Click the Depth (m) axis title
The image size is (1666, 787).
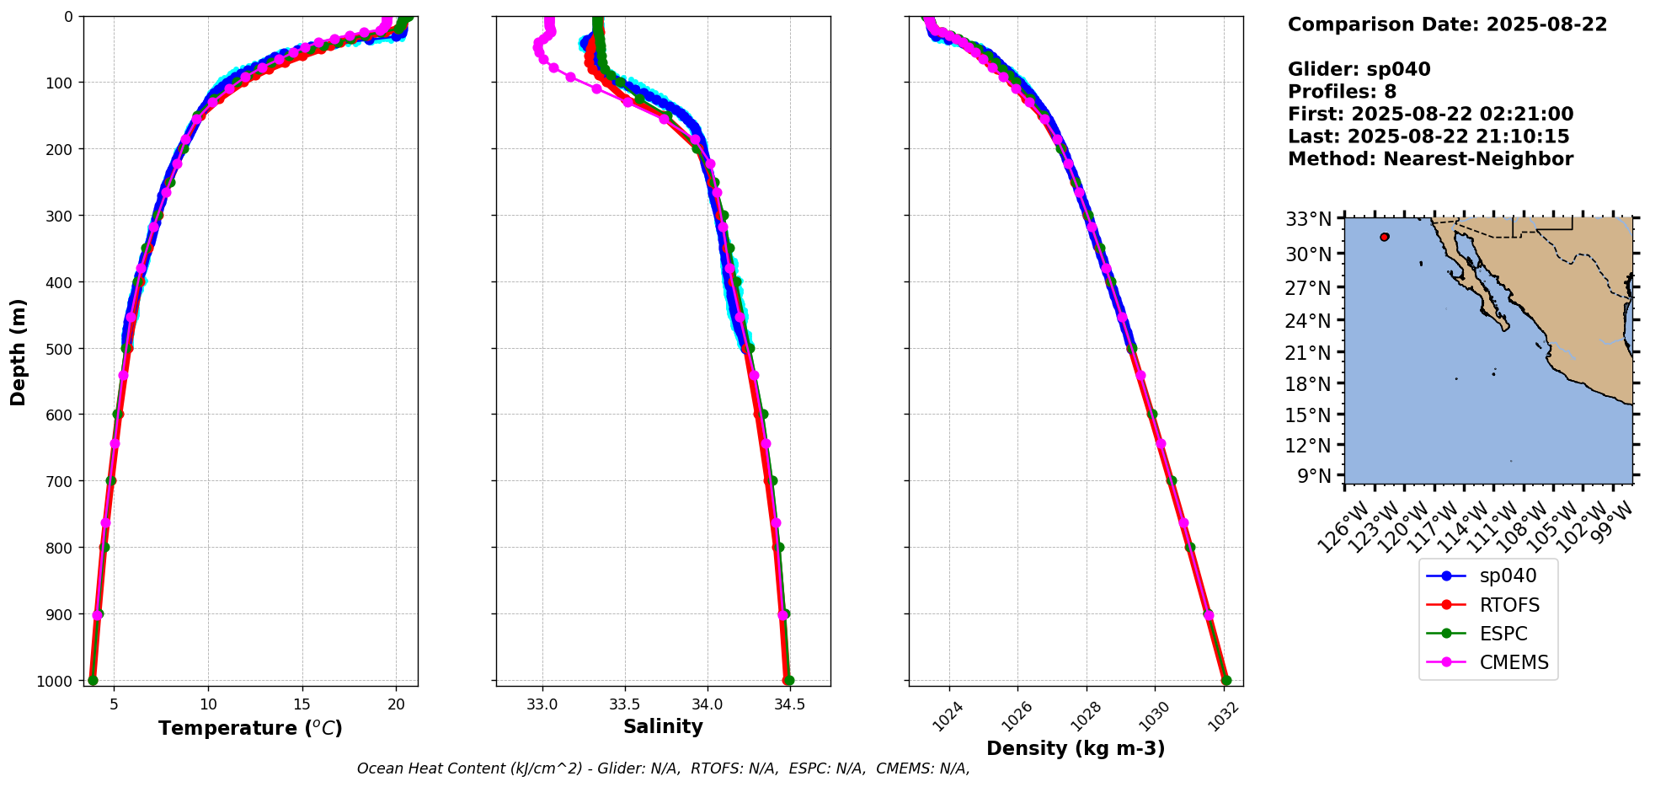coord(18,351)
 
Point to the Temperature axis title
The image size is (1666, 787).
coord(250,728)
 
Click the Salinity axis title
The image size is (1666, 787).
coord(663,726)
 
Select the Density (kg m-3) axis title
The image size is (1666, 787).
coord(1076,748)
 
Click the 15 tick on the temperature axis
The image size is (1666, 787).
coord(302,704)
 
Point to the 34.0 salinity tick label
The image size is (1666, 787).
coord(707,704)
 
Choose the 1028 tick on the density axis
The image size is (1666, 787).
coord(1081,712)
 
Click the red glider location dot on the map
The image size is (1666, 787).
coord(1385,237)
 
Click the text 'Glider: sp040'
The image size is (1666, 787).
coord(1359,69)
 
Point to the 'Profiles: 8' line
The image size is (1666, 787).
coord(1342,92)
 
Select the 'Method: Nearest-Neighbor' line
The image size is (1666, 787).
coord(1430,158)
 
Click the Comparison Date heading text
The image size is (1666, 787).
coord(1447,24)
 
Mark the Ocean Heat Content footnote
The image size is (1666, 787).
coord(663,768)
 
